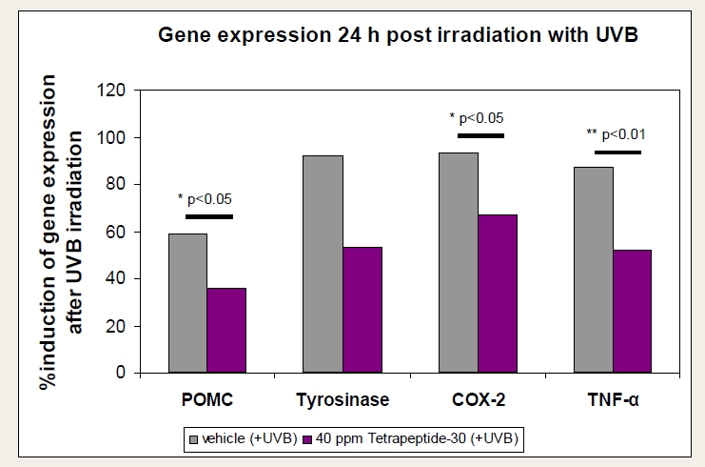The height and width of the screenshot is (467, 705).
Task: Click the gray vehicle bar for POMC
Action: coord(187,302)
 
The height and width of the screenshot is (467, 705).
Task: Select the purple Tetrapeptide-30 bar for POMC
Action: coord(226,330)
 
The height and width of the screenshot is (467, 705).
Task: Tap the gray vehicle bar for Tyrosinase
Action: coord(323,263)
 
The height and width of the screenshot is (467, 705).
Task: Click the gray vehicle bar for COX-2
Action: coord(459,262)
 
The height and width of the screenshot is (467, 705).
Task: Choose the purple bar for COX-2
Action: coord(498,293)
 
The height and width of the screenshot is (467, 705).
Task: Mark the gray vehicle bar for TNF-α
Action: coord(594,269)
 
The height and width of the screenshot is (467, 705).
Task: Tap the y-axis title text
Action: coord(75,232)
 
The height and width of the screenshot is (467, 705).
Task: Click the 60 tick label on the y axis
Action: coord(117,232)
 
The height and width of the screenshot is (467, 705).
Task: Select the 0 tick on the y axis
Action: coord(122,373)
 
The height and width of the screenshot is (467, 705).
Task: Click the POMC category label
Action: coord(206,399)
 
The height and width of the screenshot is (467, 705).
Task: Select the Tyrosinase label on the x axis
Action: coord(343,399)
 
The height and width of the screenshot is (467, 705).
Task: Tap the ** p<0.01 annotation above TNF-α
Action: coord(617,135)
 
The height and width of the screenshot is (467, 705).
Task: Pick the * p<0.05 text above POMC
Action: coord(205,199)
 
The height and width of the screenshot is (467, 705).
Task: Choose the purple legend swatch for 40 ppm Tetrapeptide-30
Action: coord(307,438)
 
